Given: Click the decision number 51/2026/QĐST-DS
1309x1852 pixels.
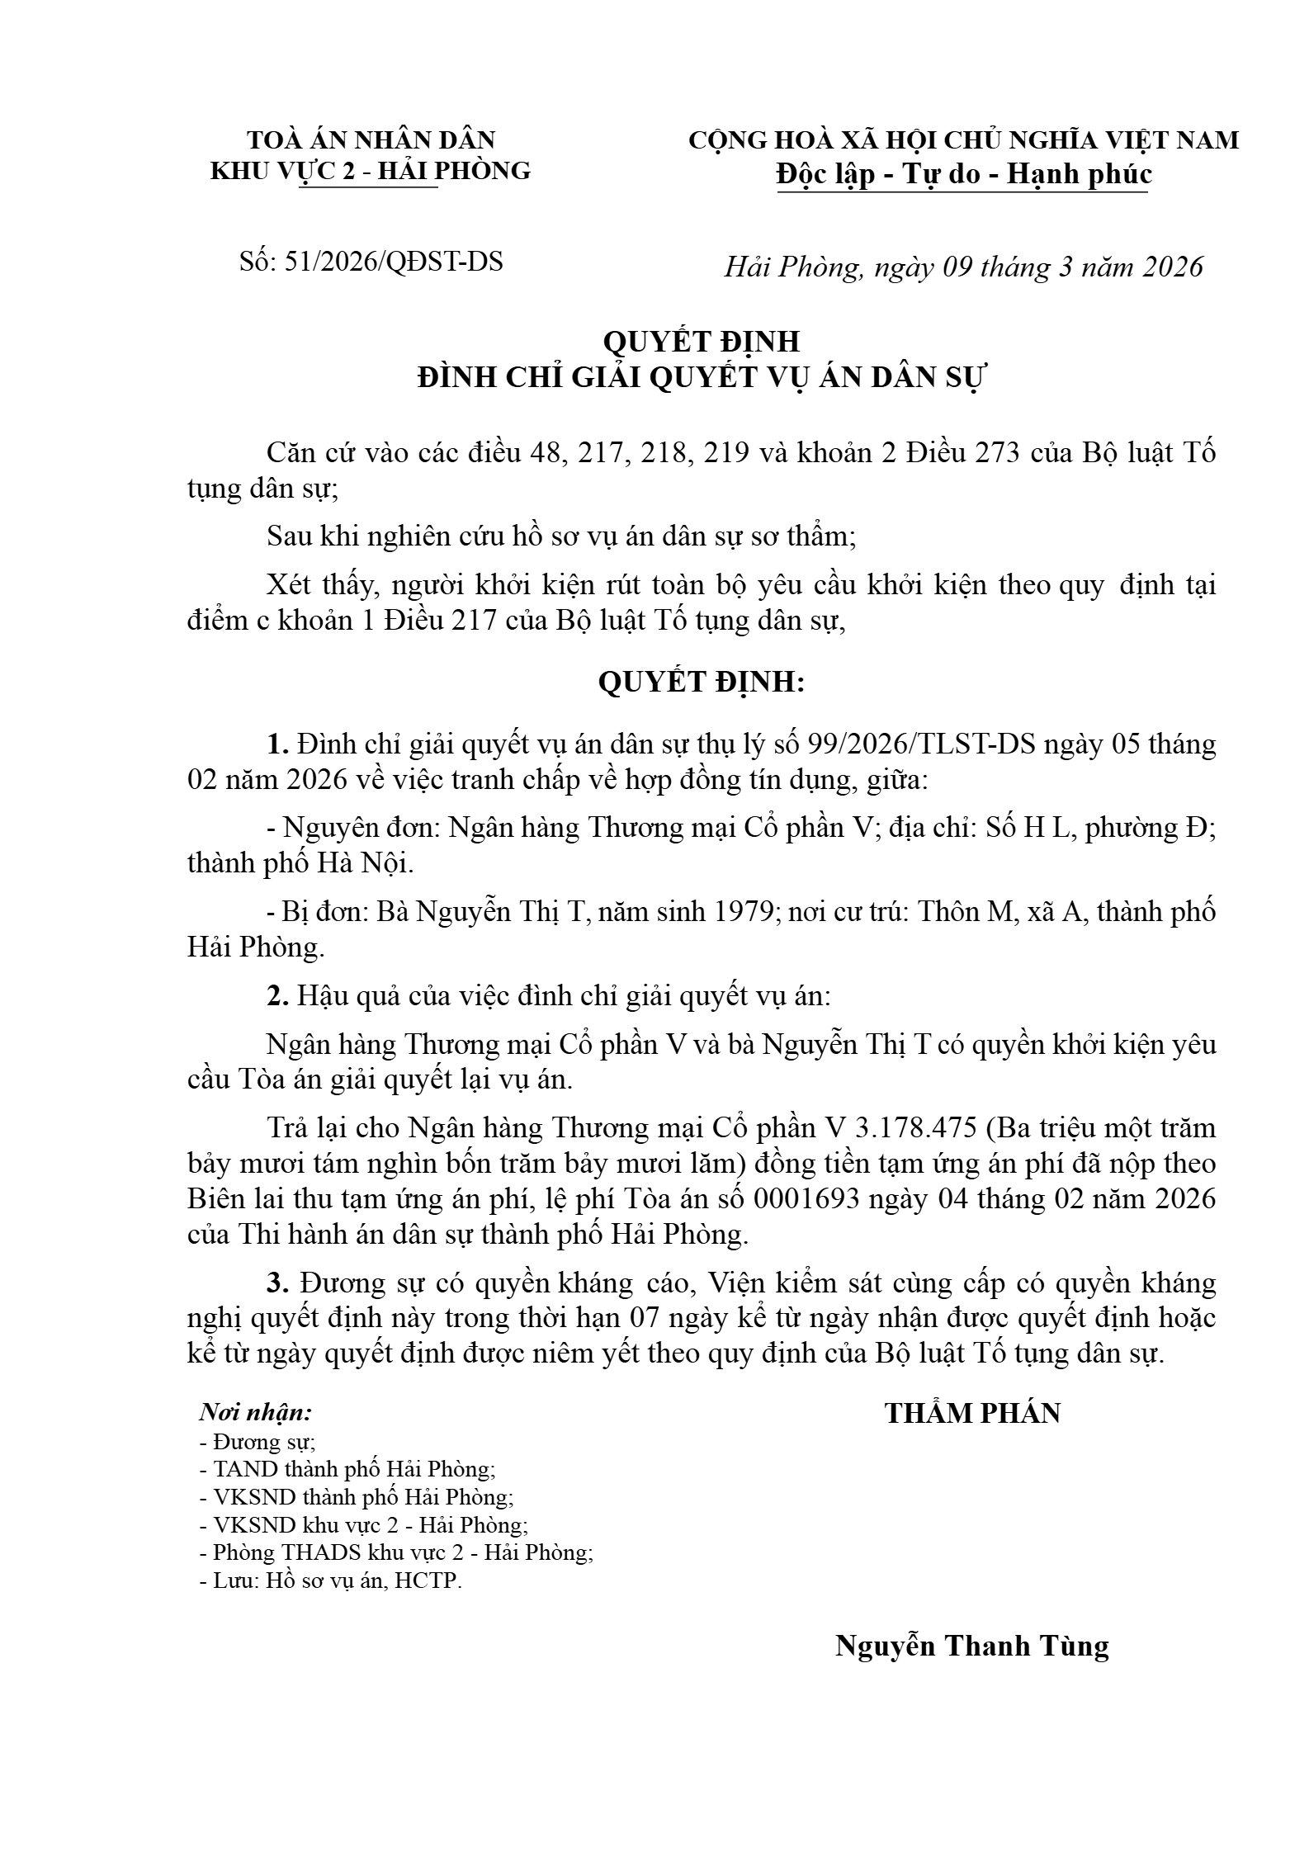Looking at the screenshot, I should [393, 262].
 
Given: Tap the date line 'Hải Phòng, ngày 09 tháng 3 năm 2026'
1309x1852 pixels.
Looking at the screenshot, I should [963, 267].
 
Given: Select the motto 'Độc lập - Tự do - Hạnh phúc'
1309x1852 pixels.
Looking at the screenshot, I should [963, 174].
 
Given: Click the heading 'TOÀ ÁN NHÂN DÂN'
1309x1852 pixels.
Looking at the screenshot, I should [371, 139].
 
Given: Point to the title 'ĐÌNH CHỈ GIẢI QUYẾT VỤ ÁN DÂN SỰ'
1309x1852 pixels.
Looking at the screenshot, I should [702, 377].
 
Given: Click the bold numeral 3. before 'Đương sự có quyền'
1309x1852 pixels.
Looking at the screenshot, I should [277, 1283].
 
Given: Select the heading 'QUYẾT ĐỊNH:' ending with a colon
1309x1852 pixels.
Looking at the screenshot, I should [701, 682].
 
